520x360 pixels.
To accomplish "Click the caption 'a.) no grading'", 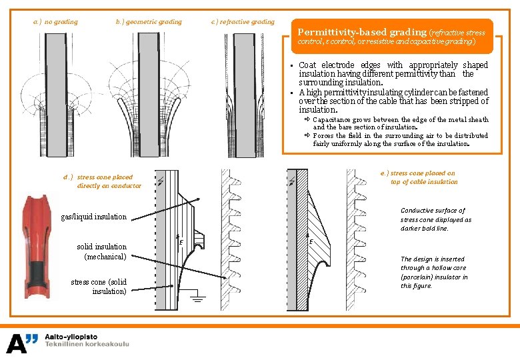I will coord(55,21).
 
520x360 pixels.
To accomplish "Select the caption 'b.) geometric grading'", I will coord(149,21).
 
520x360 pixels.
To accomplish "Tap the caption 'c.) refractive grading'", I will coord(243,21).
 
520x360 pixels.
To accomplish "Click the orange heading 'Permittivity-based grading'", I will coord(361,32).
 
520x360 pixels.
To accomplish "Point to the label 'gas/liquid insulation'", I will coord(93,216).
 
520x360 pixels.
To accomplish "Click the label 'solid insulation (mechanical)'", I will coord(101,251).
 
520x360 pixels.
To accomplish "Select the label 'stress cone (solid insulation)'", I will coord(99,287).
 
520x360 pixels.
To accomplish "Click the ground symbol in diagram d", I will coord(196,297).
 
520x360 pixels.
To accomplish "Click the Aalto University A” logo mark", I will coord(23,343).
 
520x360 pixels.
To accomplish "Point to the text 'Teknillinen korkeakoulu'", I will coord(87,345).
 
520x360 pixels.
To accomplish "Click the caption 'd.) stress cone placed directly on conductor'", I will coord(103,181).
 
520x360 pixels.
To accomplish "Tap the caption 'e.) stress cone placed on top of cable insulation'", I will coord(423,177).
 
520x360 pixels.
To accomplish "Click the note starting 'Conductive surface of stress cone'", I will coord(435,219).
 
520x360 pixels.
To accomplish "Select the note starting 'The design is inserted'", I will coord(434,272).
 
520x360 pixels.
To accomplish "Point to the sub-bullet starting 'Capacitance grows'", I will coord(400,123).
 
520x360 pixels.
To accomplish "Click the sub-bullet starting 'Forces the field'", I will coord(400,139).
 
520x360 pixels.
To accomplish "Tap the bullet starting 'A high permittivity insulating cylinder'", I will coord(393,101).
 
